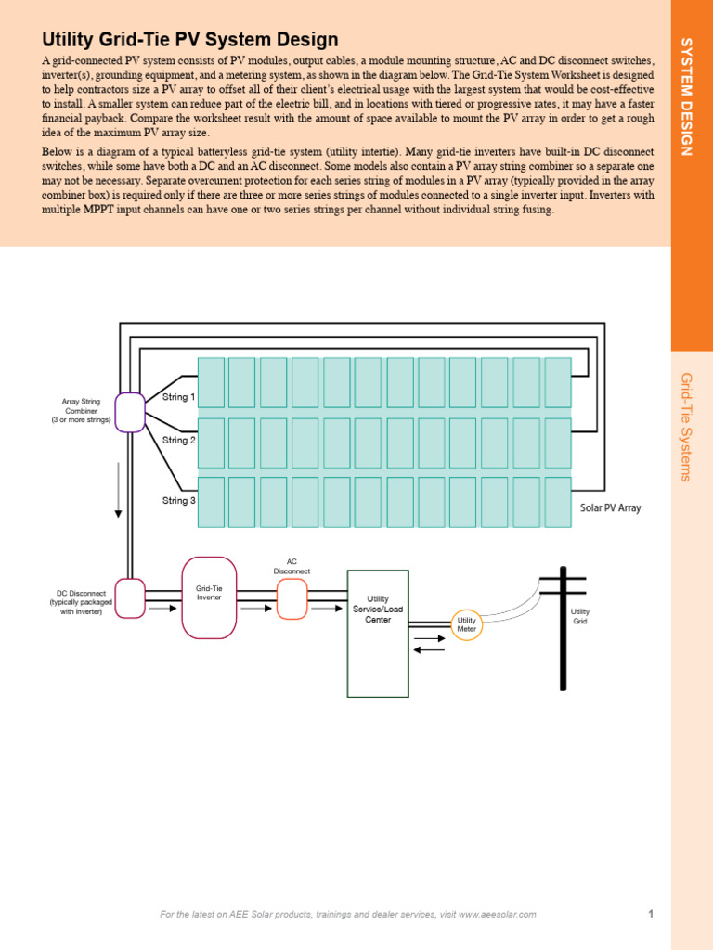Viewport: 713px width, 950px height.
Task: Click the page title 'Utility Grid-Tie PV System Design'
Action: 190,39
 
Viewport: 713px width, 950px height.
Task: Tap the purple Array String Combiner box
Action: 130,412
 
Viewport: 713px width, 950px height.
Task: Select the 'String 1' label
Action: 179,397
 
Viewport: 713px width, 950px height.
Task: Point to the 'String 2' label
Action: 179,440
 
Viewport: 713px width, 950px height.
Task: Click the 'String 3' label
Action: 179,501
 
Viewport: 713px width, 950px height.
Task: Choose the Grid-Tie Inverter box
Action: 209,597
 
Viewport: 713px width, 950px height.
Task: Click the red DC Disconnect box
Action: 130,598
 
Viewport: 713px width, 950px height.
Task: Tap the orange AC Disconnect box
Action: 292,598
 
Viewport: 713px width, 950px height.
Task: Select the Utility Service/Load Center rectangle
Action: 378,633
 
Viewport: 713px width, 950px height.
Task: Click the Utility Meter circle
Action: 466,624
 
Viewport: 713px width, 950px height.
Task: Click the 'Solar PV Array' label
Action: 610,508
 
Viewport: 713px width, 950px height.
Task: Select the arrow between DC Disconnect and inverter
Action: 162,610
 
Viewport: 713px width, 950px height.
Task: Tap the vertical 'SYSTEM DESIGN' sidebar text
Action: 688,96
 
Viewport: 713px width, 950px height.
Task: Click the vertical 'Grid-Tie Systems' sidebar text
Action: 687,427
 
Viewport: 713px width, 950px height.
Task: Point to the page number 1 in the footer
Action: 651,914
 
